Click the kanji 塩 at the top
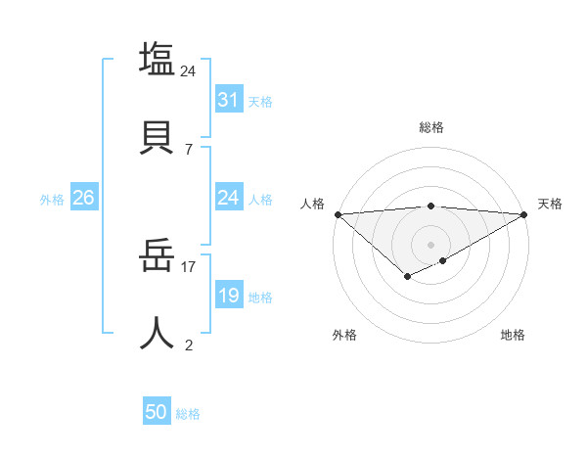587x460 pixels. click(157, 59)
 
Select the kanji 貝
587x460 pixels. click(157, 137)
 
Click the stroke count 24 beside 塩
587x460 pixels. click(189, 70)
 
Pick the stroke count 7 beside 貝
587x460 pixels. click(189, 149)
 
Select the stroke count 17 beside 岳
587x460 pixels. click(189, 265)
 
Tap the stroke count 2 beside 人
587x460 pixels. click(189, 345)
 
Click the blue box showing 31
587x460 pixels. click(229, 100)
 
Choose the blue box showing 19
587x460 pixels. click(229, 296)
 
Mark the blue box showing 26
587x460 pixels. click(83, 198)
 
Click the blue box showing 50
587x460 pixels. click(157, 412)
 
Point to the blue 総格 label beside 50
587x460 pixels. click(188, 414)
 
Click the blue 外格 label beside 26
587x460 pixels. click(52, 199)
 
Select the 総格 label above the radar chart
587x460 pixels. click(430, 127)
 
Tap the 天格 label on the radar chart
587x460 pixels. click(550, 204)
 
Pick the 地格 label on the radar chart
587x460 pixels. click(513, 335)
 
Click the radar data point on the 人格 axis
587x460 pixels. click(338, 214)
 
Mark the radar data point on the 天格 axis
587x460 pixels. click(524, 214)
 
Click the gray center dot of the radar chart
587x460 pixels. click(430, 244)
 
